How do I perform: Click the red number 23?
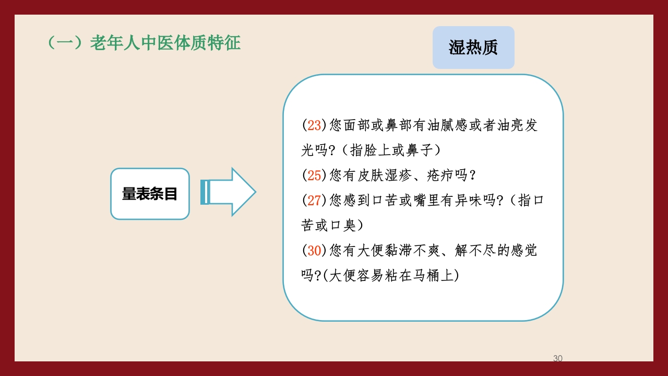(x=314, y=125)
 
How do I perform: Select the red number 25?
(x=314, y=175)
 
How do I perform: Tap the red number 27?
(x=314, y=201)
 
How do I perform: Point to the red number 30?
(x=314, y=251)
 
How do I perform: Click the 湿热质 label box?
(x=473, y=48)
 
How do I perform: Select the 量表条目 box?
(x=150, y=194)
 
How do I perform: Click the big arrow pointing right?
(x=230, y=192)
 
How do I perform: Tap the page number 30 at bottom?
(x=557, y=358)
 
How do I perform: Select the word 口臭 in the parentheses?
(x=343, y=226)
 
